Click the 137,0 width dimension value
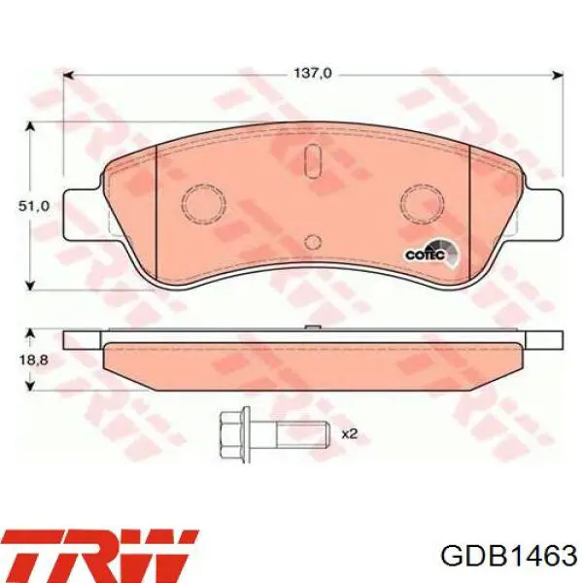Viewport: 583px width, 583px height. pyautogui.click(x=313, y=73)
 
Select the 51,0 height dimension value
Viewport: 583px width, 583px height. pyautogui.click(x=34, y=206)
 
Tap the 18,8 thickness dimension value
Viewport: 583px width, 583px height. pyautogui.click(x=33, y=360)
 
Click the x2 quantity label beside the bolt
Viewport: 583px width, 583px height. pyautogui.click(x=349, y=434)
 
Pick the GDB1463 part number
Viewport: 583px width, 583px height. pyautogui.click(x=508, y=557)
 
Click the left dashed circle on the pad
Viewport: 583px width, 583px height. pyautogui.click(x=204, y=204)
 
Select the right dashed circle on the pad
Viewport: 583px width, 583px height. pyautogui.click(x=423, y=204)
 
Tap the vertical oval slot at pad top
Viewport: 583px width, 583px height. pyautogui.click(x=312, y=160)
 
